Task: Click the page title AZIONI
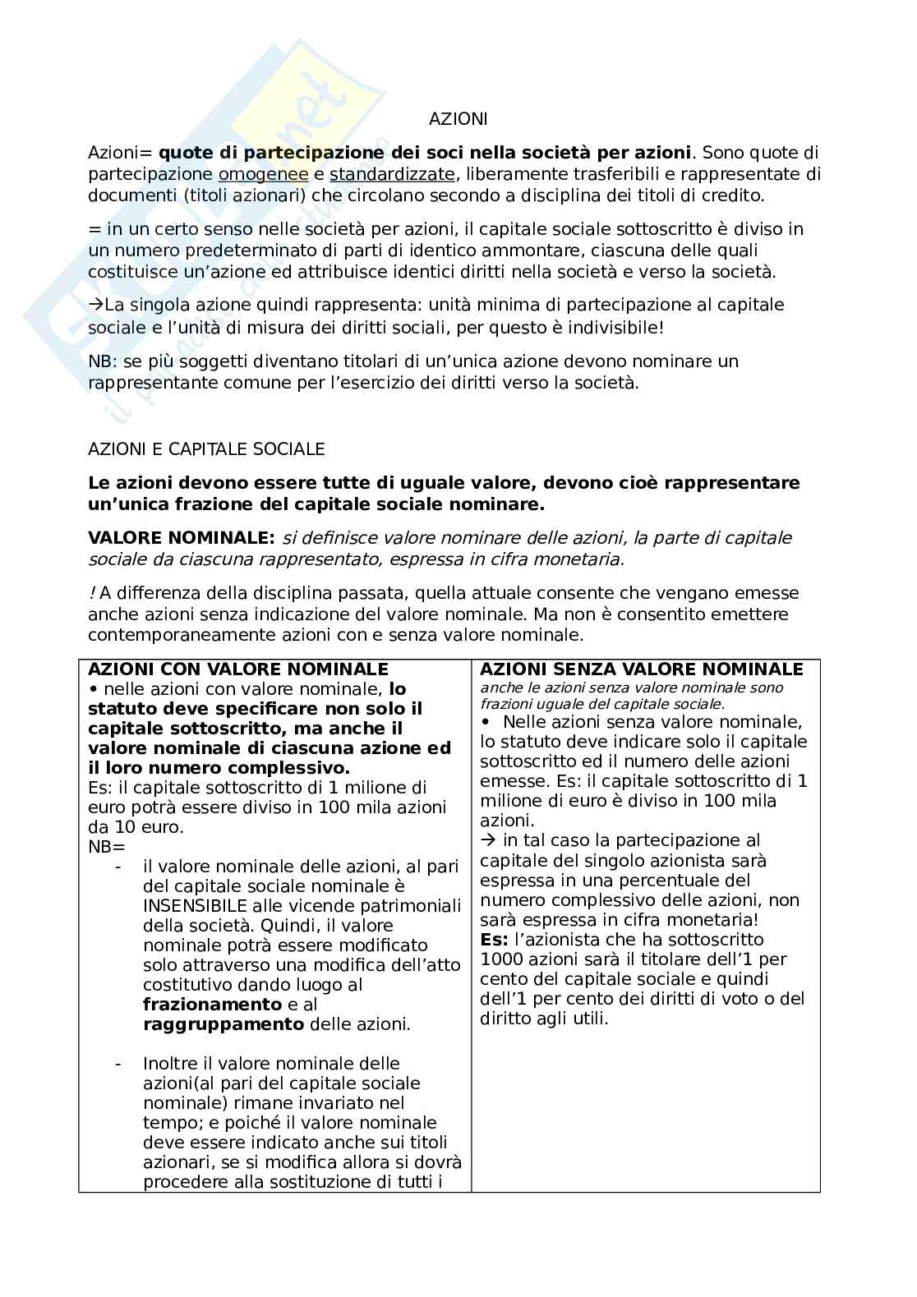(458, 119)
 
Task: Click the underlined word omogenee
(263, 174)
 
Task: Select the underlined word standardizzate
(392, 174)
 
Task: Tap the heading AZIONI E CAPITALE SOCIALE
(206, 449)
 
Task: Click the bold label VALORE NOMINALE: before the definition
(181, 538)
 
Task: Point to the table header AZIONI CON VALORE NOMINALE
(237, 669)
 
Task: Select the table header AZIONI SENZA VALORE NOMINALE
(641, 669)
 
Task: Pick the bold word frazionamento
(212, 1005)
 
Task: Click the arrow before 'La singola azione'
(95, 305)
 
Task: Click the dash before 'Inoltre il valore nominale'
(119, 1064)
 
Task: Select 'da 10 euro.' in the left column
(136, 827)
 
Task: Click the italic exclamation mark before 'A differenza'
(92, 593)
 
